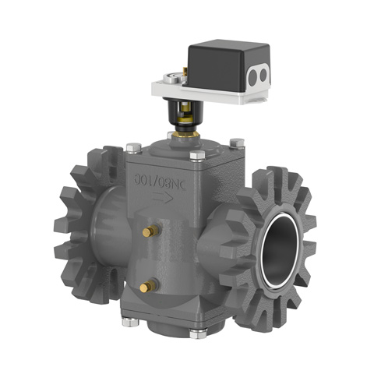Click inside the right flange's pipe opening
tap(279, 248)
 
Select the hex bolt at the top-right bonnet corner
tap(238, 142)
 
